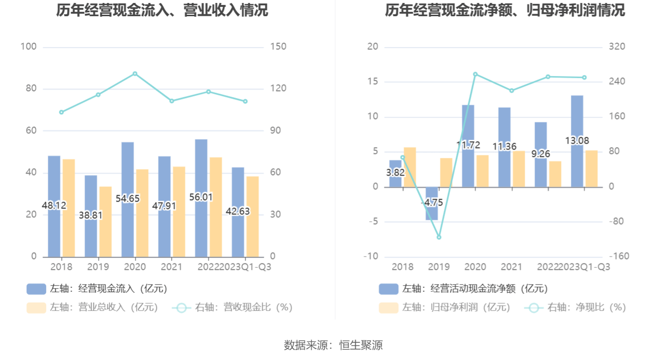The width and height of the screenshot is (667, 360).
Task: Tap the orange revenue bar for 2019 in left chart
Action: [105, 221]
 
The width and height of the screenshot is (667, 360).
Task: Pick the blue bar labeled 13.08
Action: [577, 118]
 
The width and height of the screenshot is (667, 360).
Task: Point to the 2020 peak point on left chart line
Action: [135, 74]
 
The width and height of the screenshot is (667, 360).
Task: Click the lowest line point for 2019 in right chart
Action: [439, 237]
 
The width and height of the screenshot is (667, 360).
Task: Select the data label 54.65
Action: [128, 199]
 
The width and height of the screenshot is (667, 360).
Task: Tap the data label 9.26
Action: [540, 154]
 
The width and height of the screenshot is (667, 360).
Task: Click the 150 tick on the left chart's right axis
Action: [278, 47]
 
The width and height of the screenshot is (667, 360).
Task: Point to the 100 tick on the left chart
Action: [28, 47]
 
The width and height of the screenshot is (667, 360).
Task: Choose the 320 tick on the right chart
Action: [617, 47]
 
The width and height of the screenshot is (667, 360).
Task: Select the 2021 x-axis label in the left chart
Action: [172, 267]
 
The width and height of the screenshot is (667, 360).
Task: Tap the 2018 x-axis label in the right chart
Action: [402, 267]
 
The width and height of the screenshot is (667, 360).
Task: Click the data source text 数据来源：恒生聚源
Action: [333, 345]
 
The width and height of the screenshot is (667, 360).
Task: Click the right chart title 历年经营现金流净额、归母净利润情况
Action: [505, 10]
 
